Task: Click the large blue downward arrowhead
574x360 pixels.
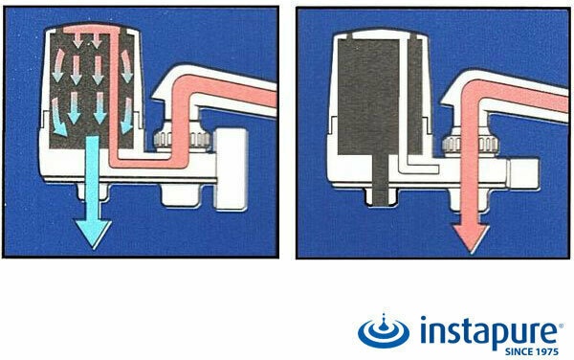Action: (x=92, y=233)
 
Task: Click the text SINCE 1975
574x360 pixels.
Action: (x=532, y=352)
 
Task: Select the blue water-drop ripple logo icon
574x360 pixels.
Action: (x=384, y=331)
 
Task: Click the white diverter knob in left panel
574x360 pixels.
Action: (x=232, y=169)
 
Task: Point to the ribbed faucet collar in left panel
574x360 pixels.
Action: (x=183, y=140)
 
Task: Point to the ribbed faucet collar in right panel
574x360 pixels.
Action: (x=471, y=145)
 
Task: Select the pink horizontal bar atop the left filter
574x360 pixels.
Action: (x=92, y=30)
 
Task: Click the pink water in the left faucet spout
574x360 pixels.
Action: (x=223, y=89)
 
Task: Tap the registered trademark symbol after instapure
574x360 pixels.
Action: (x=561, y=325)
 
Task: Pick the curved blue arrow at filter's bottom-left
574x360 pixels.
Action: (x=58, y=117)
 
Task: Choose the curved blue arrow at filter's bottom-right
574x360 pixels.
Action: (x=126, y=115)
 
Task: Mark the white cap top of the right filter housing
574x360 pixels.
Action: (x=381, y=34)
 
